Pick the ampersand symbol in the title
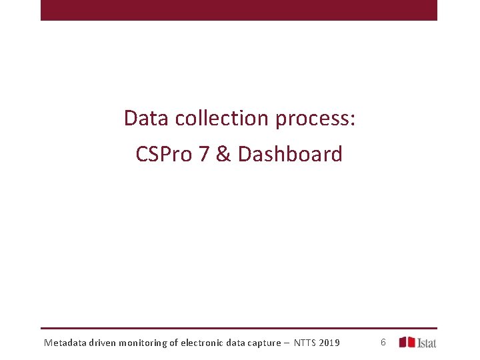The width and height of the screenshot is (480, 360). point(225,154)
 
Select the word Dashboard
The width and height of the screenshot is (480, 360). point(290,154)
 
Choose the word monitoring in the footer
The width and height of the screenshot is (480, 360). point(145,343)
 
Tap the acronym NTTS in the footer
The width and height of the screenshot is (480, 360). point(305,343)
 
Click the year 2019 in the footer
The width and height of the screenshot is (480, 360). point(330,343)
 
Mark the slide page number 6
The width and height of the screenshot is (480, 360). point(383,342)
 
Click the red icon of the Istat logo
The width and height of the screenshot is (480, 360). point(407,342)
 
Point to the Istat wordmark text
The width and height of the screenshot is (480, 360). point(427,343)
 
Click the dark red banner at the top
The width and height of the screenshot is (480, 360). point(239,10)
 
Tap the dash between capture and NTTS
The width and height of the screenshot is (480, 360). point(286,343)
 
